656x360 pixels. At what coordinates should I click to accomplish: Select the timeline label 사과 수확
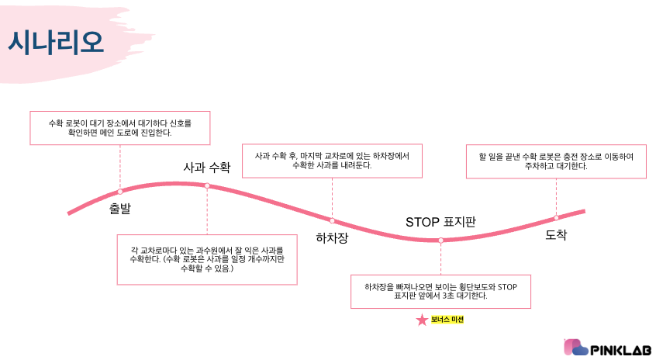coord(207,167)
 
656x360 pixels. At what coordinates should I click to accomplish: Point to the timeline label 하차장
coord(332,237)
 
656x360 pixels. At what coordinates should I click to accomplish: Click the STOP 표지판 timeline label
coord(440,222)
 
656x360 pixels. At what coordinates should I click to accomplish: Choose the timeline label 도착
coord(556,234)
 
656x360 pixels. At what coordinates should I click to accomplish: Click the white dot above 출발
coord(120,191)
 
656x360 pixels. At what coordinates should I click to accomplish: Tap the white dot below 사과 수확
coord(207,185)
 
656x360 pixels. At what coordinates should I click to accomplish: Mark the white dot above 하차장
coord(332,220)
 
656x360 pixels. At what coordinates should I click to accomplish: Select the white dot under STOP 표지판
coord(440,240)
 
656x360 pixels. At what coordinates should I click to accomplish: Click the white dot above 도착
coord(556,217)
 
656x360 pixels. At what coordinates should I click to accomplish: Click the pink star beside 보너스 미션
coord(422,320)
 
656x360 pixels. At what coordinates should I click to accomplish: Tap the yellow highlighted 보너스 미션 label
coord(447,320)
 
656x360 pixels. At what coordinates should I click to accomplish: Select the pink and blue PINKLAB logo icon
coord(575,347)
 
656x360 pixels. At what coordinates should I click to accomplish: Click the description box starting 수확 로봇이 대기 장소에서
coord(119,128)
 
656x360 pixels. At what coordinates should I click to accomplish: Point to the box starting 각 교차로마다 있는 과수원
coord(206,259)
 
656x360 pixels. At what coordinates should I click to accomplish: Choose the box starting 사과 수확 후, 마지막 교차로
coord(332,160)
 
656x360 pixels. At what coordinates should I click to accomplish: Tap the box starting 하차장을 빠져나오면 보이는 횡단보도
coord(440,292)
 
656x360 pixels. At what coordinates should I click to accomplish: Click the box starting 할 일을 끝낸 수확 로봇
coord(556,161)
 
